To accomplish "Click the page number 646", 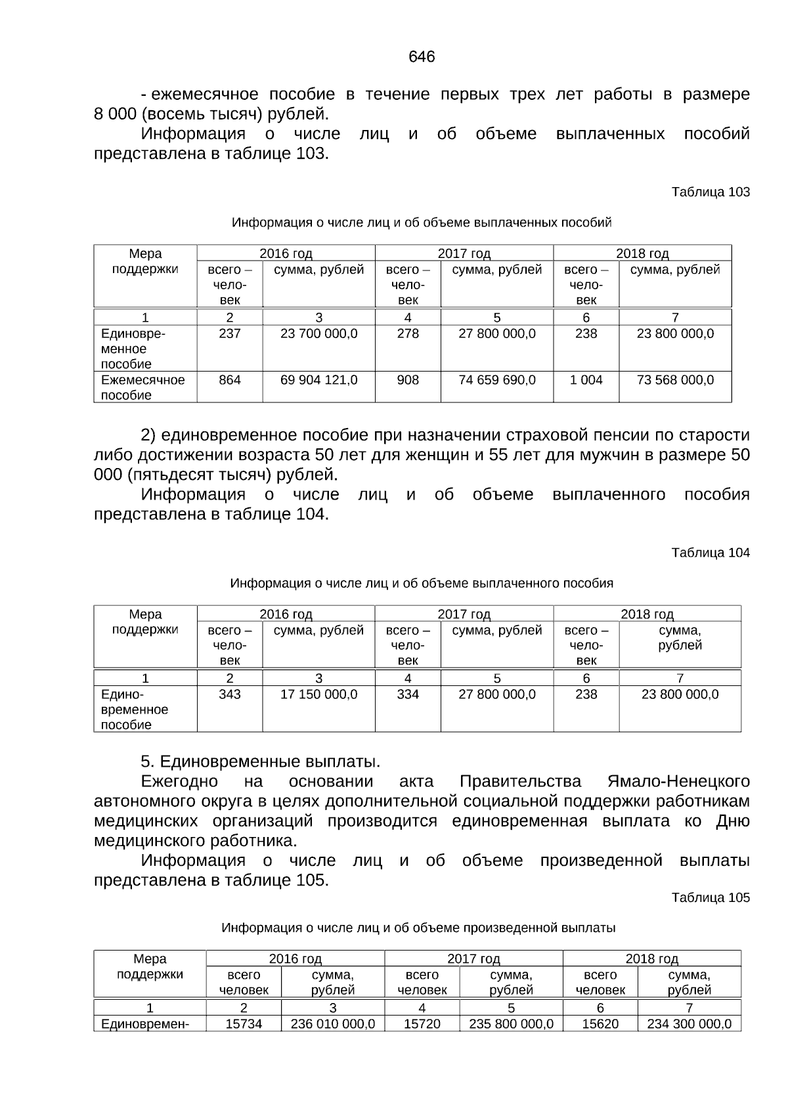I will coord(422,57).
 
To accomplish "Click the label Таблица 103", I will coord(710,192).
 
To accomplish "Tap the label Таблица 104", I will coord(710,552).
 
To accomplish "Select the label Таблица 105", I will coord(710,897).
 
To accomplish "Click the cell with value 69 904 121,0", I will coord(318,380).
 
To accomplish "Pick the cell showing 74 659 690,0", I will coord(496,380).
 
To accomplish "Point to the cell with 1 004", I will coord(586,380).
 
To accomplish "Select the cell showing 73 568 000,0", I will coord(675,380).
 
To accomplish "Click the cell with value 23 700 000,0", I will coord(318,333).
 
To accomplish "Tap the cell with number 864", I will coord(230,380).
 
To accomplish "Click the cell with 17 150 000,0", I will coord(318,695).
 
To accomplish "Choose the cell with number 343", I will coord(230,695).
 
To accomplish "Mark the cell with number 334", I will coord(408,695).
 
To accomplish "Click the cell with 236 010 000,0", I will coord(332,1023).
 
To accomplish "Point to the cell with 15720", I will coord(422,1023).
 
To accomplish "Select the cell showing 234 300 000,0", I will coord(689,1023).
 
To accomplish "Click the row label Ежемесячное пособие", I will coord(142,387).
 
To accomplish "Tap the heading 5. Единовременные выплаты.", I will coord(261,761).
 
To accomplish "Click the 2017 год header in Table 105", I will coord(473,958).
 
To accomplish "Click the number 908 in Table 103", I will coord(408,380).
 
